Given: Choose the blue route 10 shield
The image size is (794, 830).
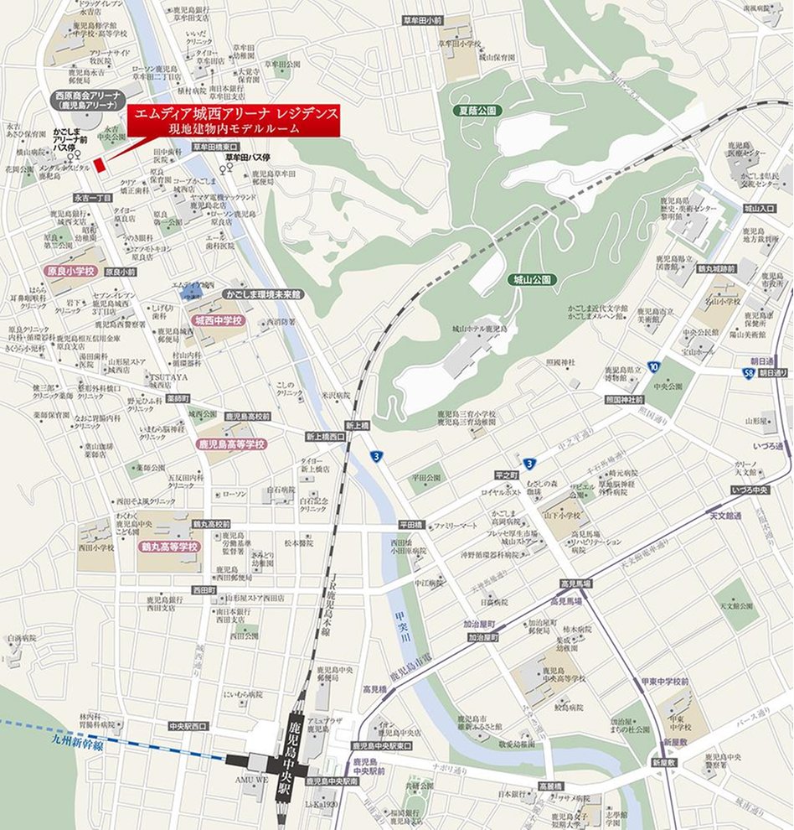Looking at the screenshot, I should [x=652, y=366].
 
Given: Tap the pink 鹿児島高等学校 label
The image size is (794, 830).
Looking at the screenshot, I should [x=231, y=443].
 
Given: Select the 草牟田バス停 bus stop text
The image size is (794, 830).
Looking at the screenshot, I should [x=247, y=157].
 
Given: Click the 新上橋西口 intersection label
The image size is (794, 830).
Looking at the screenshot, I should [x=325, y=437].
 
